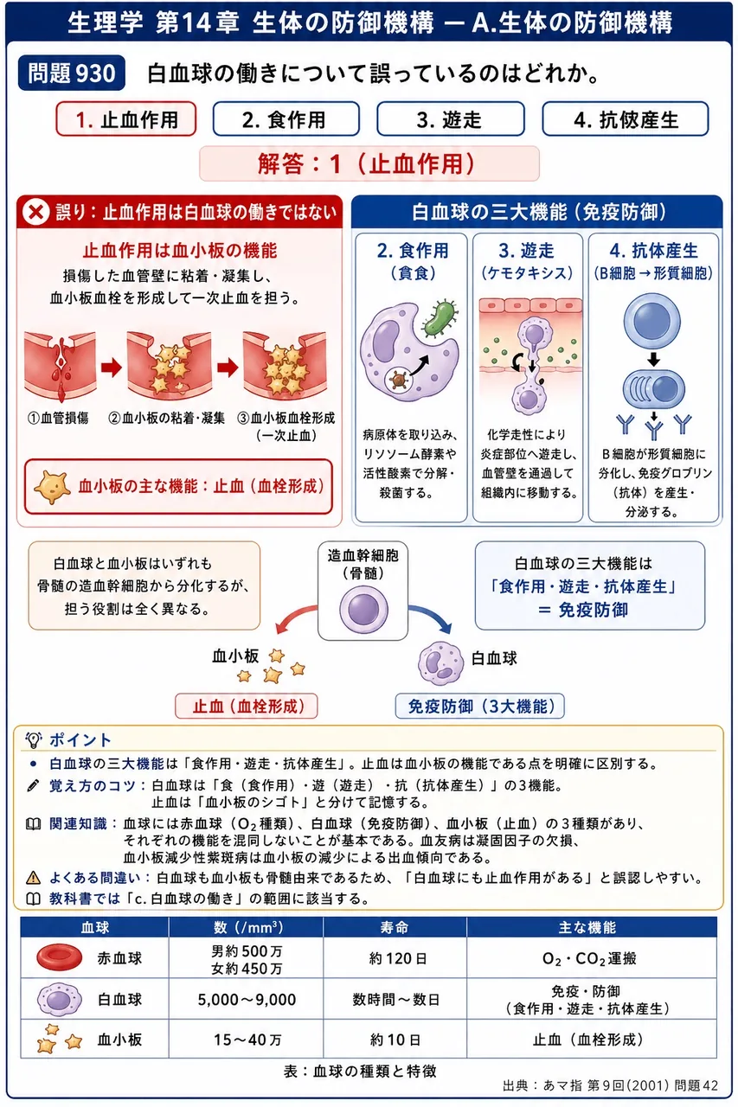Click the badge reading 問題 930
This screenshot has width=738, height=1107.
click(x=72, y=74)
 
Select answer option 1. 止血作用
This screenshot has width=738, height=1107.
click(x=126, y=119)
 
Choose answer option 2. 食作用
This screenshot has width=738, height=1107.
click(x=286, y=119)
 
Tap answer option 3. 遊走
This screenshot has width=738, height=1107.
click(x=450, y=119)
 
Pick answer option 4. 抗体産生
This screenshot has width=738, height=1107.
click(x=626, y=119)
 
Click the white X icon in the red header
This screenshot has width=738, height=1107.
click(x=35, y=213)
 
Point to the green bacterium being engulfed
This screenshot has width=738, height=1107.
click(x=439, y=319)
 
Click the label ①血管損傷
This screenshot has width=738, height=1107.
click(x=58, y=418)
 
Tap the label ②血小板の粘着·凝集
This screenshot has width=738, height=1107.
click(x=167, y=418)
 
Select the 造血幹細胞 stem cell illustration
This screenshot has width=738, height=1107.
click(x=363, y=610)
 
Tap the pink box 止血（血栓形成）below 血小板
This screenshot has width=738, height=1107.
click(x=247, y=707)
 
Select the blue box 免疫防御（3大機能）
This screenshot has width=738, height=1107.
click(x=479, y=707)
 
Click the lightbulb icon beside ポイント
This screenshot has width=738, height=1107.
click(x=33, y=739)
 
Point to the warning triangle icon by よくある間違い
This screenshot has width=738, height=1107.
click(x=33, y=878)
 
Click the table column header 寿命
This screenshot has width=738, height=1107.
click(x=395, y=928)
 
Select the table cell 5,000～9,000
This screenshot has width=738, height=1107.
click(x=247, y=1000)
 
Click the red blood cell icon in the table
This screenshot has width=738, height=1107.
click(x=60, y=957)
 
